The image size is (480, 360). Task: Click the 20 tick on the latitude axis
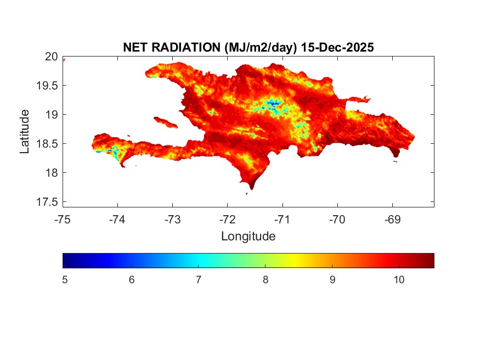tap(52, 57)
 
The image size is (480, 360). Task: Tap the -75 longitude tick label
tap(63, 220)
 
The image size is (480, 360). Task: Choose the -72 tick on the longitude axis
tap(227, 220)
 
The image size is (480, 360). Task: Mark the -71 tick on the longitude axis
tap(282, 220)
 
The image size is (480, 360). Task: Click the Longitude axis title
tap(248, 237)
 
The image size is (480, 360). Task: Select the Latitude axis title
tap(25, 131)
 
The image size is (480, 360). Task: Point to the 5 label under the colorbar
tap(65, 280)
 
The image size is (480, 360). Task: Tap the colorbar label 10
tap(399, 280)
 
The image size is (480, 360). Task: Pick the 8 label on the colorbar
tap(266, 280)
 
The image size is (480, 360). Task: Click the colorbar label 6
tap(132, 280)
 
